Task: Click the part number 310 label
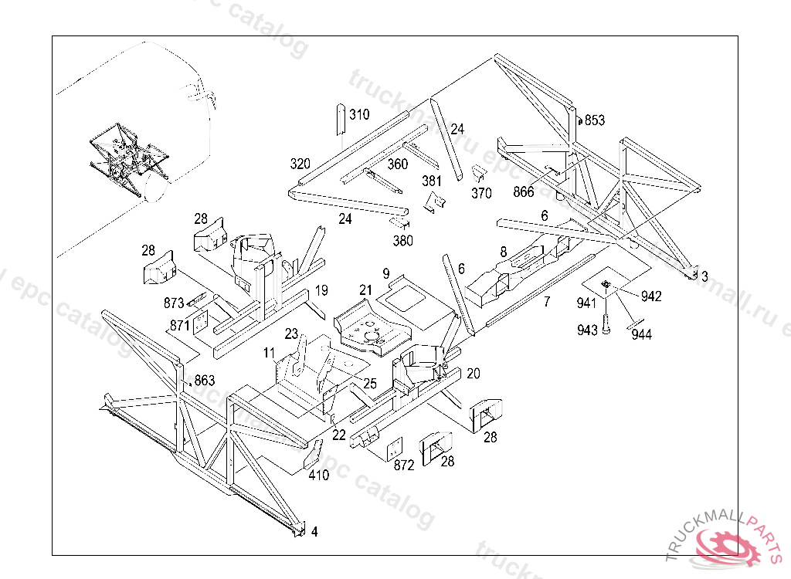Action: click(x=359, y=115)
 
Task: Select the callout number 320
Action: click(x=300, y=164)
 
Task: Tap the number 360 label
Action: click(x=398, y=164)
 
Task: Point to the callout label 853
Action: click(x=595, y=120)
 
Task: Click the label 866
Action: click(x=524, y=192)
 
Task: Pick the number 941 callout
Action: click(x=586, y=303)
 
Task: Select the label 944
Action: click(x=641, y=334)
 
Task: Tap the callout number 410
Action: click(x=319, y=475)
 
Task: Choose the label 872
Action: click(x=404, y=466)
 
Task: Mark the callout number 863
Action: click(x=205, y=380)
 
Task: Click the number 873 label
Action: click(x=174, y=303)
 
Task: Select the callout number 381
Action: click(x=432, y=181)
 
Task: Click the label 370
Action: click(x=481, y=194)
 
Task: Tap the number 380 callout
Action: click(x=402, y=241)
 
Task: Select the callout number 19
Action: click(x=322, y=290)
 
